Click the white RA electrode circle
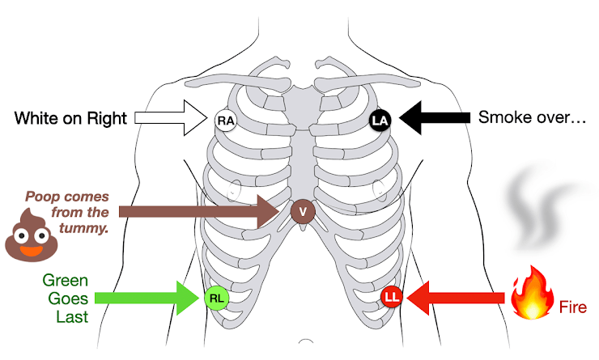point(225,122)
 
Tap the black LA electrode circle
point(380,121)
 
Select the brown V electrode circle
point(302,212)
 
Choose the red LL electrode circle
point(392,297)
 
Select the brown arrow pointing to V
point(202,212)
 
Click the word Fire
point(572,307)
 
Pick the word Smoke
point(502,117)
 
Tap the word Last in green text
point(72,316)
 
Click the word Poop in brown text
point(40,196)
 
